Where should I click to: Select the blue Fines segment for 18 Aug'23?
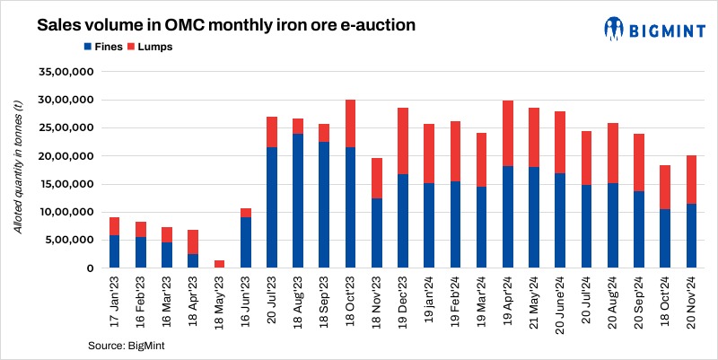click(298, 201)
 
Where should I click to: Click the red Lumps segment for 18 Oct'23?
click(350, 124)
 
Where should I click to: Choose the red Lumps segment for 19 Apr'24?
click(507, 134)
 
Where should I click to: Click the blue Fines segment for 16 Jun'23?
click(245, 242)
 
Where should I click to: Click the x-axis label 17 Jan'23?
click(115, 303)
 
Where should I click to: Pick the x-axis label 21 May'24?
click(534, 303)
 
